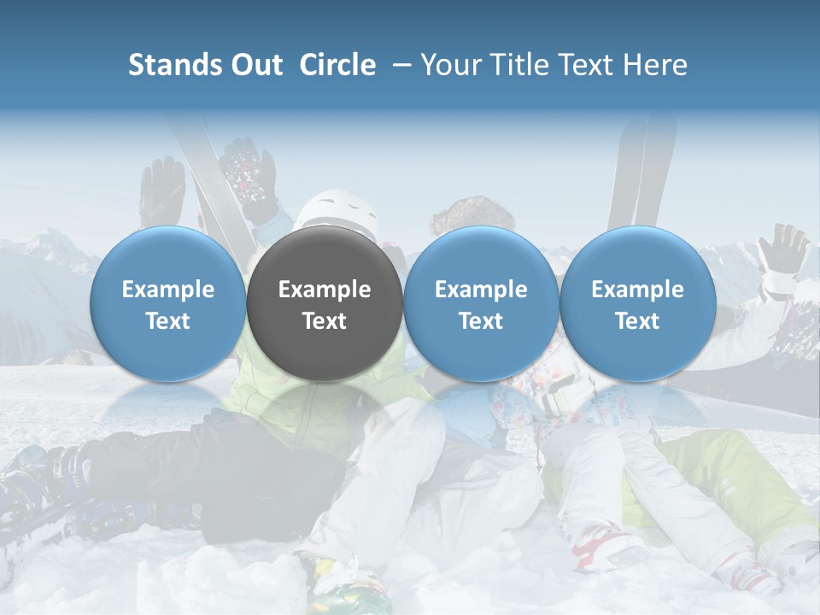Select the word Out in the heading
point(256,65)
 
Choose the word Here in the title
point(655,65)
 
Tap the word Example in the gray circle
point(325,290)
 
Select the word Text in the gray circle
point(325,321)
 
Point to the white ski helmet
point(340,210)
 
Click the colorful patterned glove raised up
point(248,175)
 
